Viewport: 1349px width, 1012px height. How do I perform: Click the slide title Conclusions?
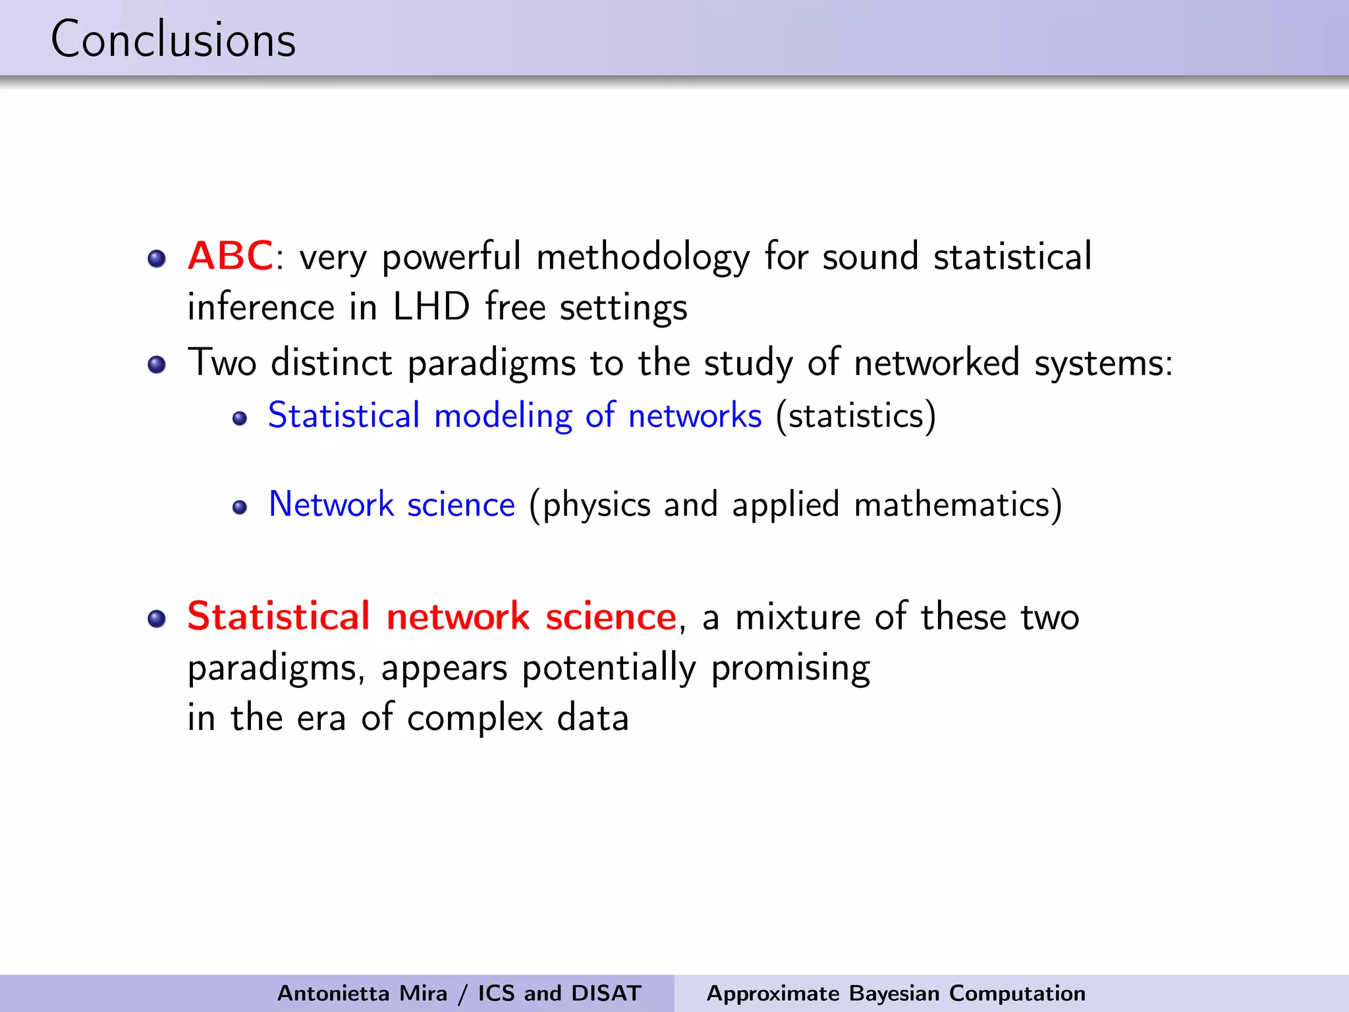tap(173, 40)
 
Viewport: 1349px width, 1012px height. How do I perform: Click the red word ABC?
tap(230, 256)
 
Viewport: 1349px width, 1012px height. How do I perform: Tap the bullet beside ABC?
tap(157, 258)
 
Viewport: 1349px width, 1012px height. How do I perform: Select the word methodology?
tap(643, 257)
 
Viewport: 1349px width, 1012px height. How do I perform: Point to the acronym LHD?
tap(431, 307)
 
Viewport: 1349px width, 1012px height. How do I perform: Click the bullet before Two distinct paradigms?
tap(157, 364)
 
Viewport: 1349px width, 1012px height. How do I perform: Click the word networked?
tap(937, 362)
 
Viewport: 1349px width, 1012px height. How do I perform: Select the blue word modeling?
tap(503, 416)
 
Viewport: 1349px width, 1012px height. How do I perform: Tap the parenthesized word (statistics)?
tap(856, 416)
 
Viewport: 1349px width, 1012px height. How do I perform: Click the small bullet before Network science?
tap(240, 507)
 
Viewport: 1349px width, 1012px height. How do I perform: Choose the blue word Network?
tap(331, 505)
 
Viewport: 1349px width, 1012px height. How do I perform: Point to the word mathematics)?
tap(958, 505)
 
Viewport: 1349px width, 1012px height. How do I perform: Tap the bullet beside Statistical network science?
tap(157, 619)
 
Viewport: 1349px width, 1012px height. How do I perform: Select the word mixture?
tap(798, 617)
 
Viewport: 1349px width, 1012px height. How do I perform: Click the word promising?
tap(790, 669)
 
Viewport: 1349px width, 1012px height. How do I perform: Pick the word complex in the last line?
tap(475, 718)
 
